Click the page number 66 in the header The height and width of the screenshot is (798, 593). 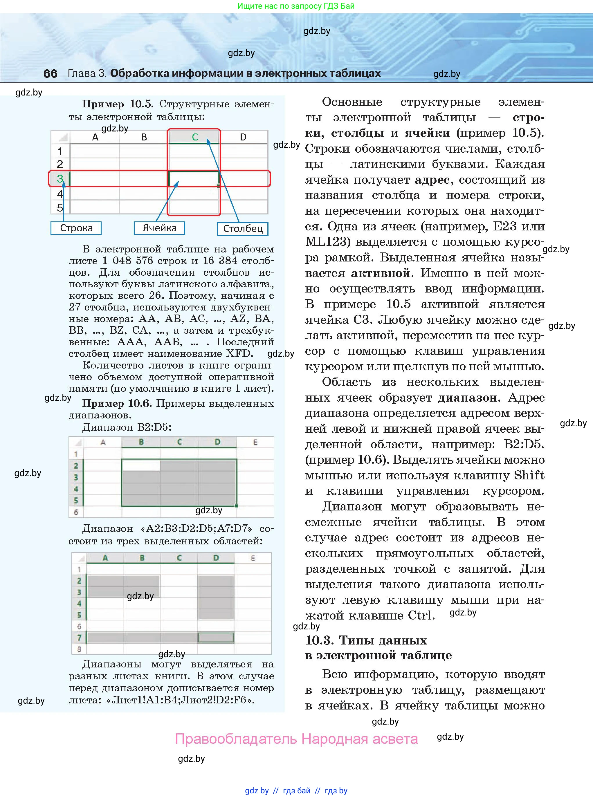click(50, 73)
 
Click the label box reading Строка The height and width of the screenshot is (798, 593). click(76, 228)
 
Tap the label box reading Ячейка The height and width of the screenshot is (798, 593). click(159, 228)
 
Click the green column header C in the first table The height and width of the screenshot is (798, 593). click(194, 137)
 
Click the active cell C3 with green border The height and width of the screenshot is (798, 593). click(194, 178)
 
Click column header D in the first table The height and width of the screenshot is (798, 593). click(243, 137)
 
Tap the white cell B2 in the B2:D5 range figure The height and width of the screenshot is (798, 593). click(141, 465)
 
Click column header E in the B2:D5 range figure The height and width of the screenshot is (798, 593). click(255, 442)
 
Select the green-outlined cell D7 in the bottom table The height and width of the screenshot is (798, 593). click(216, 638)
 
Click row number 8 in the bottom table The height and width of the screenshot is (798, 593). click(79, 649)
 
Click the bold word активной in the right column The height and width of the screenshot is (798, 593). click(380, 273)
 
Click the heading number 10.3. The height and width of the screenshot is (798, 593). click(320, 640)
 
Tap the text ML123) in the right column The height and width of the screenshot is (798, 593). click(327, 242)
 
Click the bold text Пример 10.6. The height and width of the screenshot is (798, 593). click(117, 403)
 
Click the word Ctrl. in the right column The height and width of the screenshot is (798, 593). click(421, 615)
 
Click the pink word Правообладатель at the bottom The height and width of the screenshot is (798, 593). click(236, 739)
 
